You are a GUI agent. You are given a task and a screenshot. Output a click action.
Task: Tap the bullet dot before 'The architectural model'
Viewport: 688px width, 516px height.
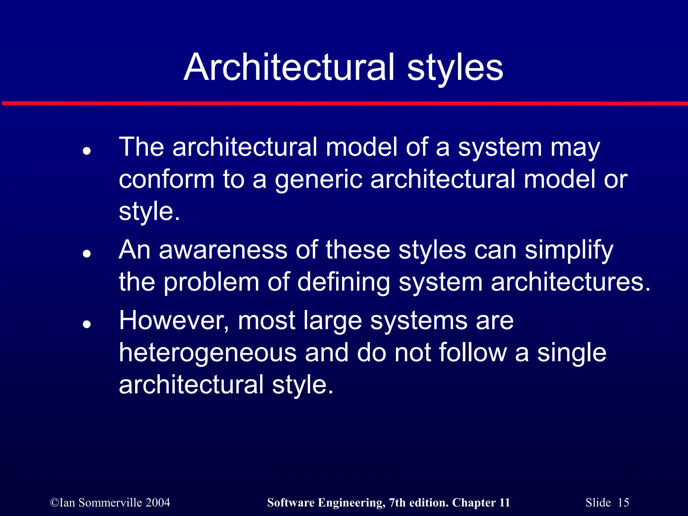coord(87,151)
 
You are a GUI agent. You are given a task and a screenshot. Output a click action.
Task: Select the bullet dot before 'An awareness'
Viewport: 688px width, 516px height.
coord(87,254)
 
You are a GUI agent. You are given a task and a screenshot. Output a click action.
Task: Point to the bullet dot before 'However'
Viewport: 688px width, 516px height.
coord(87,324)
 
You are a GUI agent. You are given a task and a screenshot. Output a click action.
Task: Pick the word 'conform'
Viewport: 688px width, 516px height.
coord(166,179)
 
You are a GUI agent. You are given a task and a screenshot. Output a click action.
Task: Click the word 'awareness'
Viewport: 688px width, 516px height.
coord(223,250)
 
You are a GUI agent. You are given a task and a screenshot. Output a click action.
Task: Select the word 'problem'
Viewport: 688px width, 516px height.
coord(211,282)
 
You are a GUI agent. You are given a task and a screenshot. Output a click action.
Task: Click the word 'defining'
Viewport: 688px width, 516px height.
coord(344,282)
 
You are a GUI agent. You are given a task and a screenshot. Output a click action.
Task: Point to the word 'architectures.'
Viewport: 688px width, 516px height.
coord(571,282)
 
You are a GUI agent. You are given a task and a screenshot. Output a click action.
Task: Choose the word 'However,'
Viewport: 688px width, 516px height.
coord(174,321)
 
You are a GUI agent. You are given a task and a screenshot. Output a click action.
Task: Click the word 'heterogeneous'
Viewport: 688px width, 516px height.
coord(208,353)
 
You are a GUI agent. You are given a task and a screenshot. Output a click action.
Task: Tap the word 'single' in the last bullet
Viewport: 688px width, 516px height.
coord(571,353)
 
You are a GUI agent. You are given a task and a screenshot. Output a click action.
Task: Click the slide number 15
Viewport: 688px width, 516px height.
coord(623,503)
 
